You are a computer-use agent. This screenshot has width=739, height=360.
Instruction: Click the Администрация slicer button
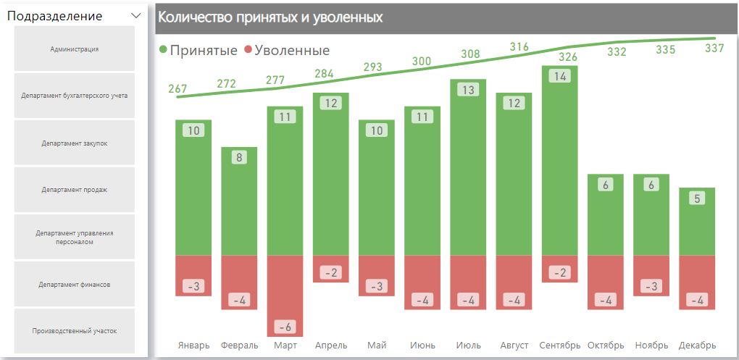[75, 49]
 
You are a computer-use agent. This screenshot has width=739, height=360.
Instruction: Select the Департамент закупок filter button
[75, 143]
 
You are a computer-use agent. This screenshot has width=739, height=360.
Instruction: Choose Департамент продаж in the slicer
[75, 190]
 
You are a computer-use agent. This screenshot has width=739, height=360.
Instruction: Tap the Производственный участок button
[75, 331]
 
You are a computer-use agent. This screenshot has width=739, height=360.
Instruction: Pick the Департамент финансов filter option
[75, 285]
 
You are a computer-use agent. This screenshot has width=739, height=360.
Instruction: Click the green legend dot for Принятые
[163, 50]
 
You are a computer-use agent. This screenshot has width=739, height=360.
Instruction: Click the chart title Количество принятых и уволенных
[270, 17]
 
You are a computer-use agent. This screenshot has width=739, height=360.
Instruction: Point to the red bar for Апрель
[330, 268]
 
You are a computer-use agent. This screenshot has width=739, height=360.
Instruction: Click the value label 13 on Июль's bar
[468, 90]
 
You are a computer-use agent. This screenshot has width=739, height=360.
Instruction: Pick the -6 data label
[285, 326]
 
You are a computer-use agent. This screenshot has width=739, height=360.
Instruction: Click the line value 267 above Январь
[178, 89]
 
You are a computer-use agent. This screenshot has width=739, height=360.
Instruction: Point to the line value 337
[714, 49]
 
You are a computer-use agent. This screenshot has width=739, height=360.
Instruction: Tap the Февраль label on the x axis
[239, 346]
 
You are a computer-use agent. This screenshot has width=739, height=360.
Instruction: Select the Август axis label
[514, 346]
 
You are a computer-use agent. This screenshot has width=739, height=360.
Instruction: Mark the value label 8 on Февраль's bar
[239, 157]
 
